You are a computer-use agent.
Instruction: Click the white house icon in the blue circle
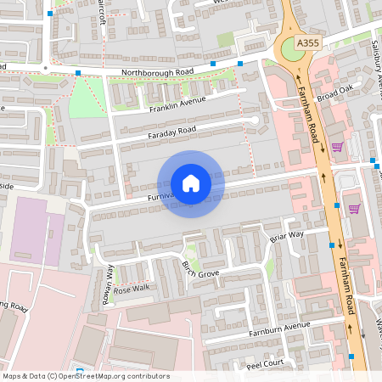click(x=190, y=183)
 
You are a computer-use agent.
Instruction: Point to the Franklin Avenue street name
click(x=177, y=104)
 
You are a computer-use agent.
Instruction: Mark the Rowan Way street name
click(x=110, y=278)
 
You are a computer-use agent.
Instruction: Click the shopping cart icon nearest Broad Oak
click(x=337, y=147)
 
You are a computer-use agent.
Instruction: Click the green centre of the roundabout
click(x=291, y=50)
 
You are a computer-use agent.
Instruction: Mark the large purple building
click(x=36, y=231)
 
